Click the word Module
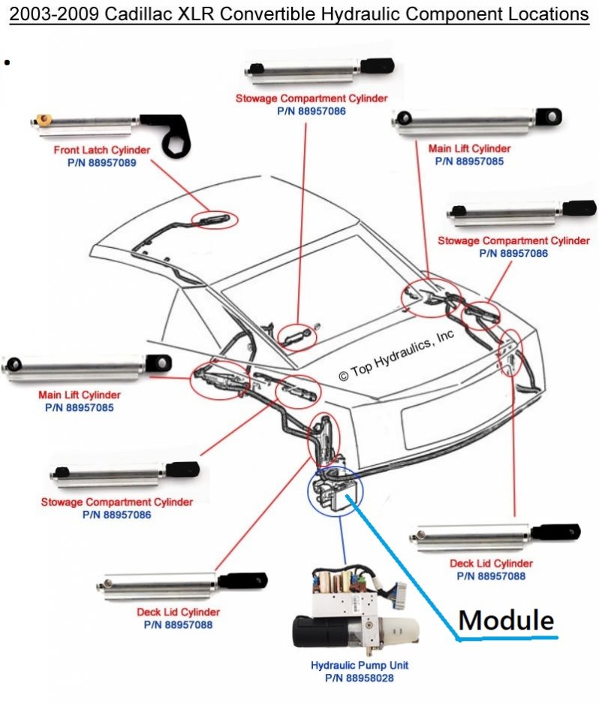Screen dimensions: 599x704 click(506, 620)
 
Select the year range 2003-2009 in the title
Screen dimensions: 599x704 click(54, 14)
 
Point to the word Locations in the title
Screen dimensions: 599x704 click(549, 14)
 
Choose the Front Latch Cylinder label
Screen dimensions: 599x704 click(102, 150)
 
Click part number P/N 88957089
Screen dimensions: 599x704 click(102, 162)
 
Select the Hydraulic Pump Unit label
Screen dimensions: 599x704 click(360, 665)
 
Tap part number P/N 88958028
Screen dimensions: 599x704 click(360, 678)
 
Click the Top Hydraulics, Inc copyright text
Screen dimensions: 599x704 click(396, 355)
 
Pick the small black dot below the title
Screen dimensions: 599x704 click(7, 62)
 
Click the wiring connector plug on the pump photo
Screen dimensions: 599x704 click(398, 590)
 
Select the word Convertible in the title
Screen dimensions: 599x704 click(266, 14)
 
